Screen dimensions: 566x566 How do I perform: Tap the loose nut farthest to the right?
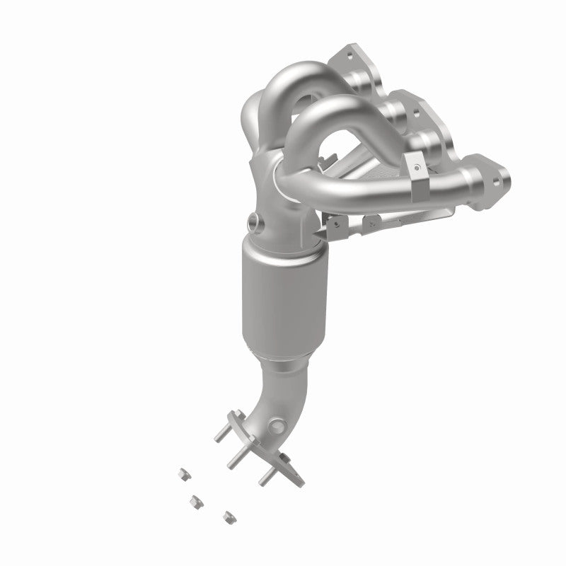[x=229, y=516]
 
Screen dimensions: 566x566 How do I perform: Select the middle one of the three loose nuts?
[x=192, y=501]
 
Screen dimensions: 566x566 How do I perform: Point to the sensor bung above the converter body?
[x=254, y=221]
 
